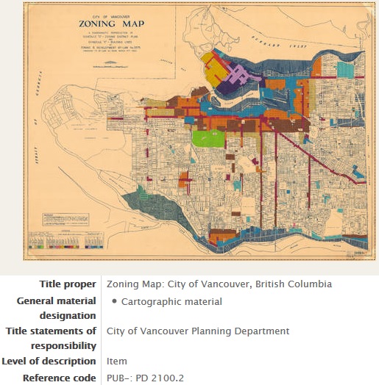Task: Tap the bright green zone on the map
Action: [x=205, y=137]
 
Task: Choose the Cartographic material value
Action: [x=171, y=301]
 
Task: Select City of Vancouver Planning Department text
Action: [x=198, y=331]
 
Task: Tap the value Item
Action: [x=117, y=361]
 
